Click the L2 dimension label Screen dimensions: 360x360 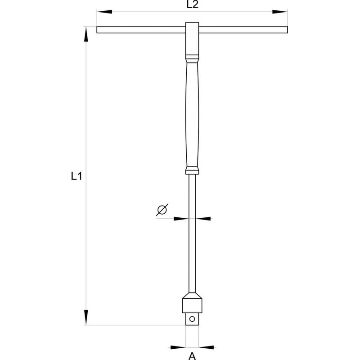point(192,5)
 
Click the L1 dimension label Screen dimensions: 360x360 point(76,177)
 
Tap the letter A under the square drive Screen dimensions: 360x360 point(192,356)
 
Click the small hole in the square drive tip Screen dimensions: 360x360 point(192,319)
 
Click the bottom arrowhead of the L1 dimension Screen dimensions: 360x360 point(86,318)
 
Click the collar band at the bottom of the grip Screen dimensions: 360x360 point(192,170)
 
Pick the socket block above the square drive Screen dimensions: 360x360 point(192,303)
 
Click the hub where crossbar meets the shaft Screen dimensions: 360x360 point(192,31)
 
